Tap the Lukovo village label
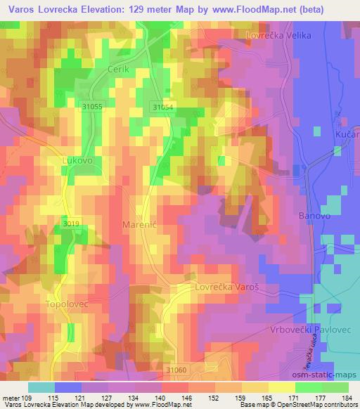(x=77, y=160)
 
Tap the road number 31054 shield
(x=162, y=106)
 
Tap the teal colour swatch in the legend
(x=41, y=387)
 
